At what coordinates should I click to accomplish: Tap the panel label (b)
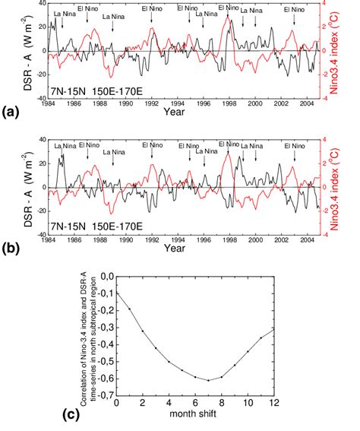(x=10, y=248)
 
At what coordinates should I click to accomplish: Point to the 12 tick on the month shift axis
(x=294, y=403)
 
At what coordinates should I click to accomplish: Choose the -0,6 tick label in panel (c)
(x=103, y=378)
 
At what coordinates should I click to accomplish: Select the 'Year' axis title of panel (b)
(x=176, y=248)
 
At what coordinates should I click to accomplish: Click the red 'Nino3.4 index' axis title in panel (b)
(x=346, y=186)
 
